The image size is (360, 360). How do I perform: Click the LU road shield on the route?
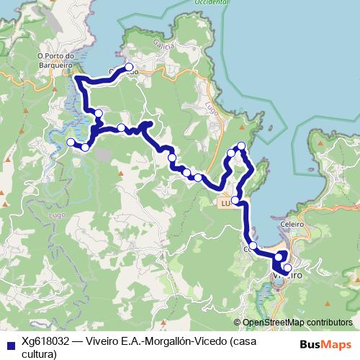tap(225, 204)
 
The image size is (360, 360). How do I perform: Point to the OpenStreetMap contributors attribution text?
tap(297, 323)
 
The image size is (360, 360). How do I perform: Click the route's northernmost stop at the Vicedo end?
tap(130, 69)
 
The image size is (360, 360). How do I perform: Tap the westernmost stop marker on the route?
tap(71, 142)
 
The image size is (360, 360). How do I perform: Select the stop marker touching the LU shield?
tap(235, 199)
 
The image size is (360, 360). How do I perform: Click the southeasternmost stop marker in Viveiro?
tap(287, 268)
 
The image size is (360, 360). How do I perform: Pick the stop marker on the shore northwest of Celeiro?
tap(253, 246)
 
